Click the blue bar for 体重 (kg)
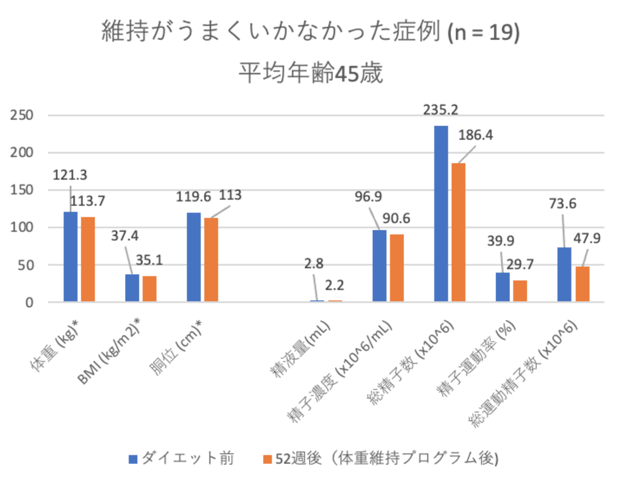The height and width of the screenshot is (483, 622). [71, 257]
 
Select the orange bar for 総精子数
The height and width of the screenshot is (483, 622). [458, 232]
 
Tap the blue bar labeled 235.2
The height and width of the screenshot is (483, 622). [441, 214]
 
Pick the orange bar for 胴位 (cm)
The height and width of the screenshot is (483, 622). [211, 260]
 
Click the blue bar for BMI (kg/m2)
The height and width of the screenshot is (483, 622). [132, 288]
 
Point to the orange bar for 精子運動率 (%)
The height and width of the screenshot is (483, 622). [520, 291]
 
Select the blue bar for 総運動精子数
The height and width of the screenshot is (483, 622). [564, 275]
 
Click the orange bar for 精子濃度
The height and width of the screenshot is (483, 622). [397, 268]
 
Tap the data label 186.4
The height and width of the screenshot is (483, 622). [475, 135]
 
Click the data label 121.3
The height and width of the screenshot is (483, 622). [70, 175]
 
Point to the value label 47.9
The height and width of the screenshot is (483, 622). [587, 238]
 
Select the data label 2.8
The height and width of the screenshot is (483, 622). [314, 264]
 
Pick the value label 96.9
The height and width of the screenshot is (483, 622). [368, 197]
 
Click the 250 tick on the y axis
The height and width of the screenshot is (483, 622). [22, 115]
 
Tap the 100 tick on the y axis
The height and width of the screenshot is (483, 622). [22, 228]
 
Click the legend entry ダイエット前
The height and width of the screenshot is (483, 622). [188, 458]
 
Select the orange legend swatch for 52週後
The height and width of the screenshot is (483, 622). [267, 459]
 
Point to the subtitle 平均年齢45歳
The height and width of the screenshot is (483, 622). [311, 73]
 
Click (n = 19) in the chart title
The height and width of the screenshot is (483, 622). [483, 33]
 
